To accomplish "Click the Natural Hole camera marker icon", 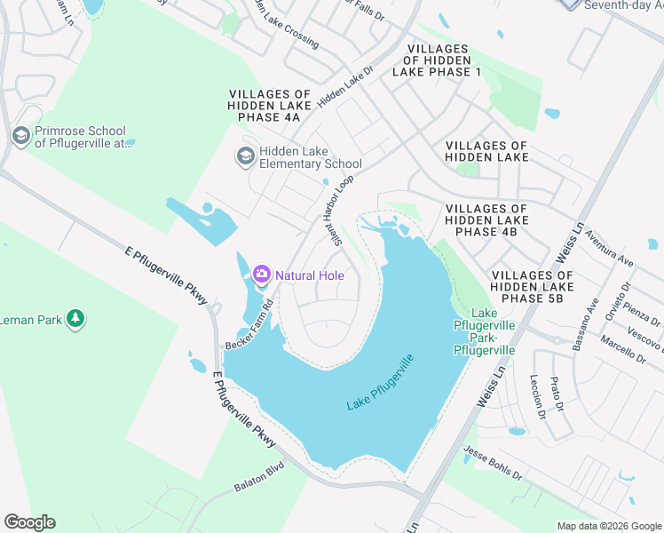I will click(x=262, y=274).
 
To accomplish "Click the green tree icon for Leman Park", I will click(x=76, y=318).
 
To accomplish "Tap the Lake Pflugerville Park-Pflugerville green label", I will click(x=484, y=331).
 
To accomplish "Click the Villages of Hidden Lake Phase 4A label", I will click(x=270, y=105).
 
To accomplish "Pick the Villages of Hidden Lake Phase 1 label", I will click(x=442, y=60).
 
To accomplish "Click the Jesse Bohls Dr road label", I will click(x=494, y=468).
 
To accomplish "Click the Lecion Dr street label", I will click(x=536, y=396).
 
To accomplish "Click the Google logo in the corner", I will click(x=29, y=522).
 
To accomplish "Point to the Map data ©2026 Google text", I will click(x=608, y=526).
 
